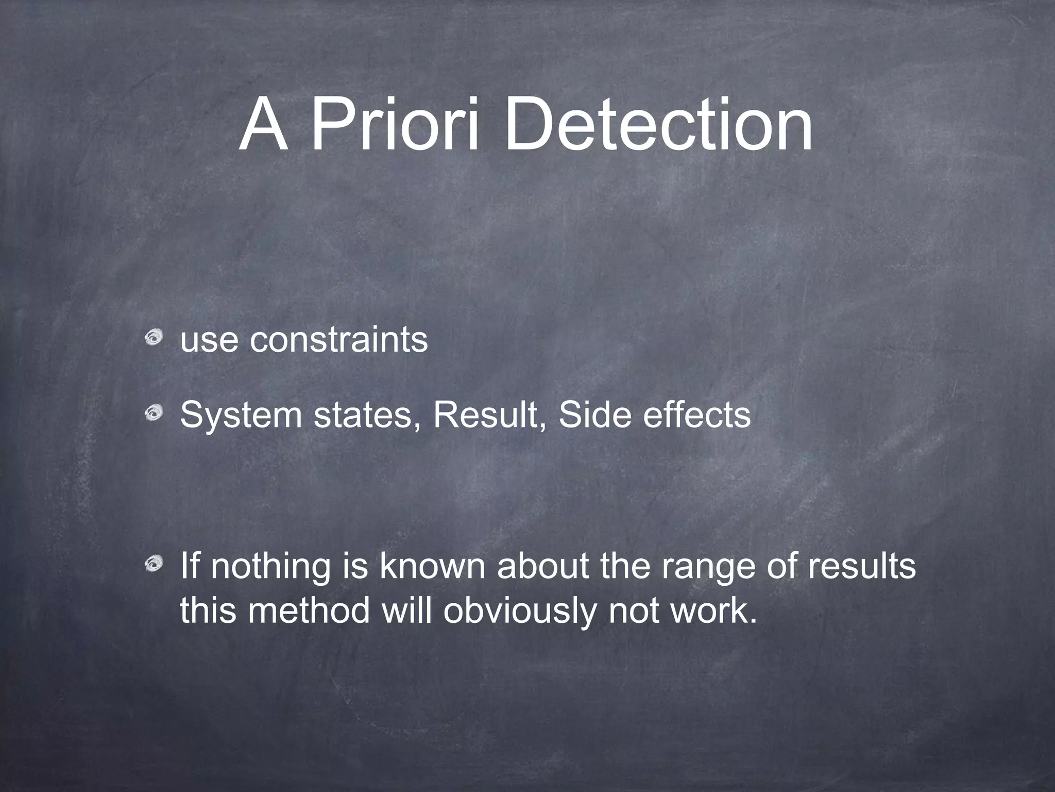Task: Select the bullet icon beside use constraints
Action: [154, 338]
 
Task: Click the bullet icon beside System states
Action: [154, 413]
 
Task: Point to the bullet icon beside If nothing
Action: [154, 565]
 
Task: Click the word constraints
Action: [338, 340]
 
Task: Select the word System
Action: [241, 415]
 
